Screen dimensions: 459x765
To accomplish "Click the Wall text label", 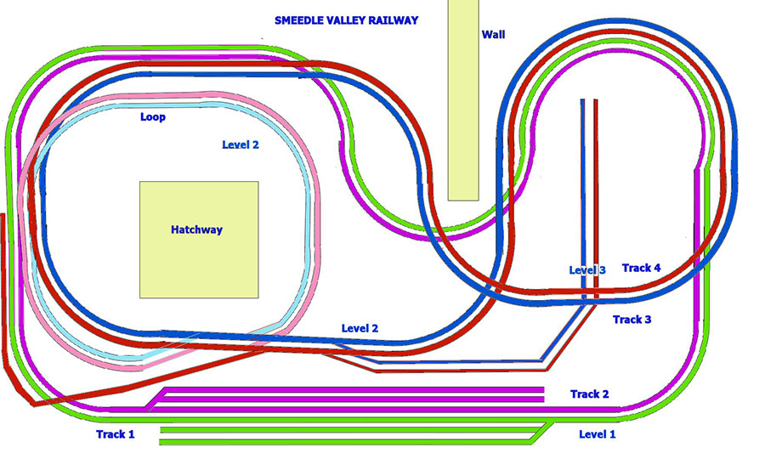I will coord(493,34).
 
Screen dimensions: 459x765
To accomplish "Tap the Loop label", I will coord(153,117).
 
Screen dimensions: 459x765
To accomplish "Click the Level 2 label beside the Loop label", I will coord(241,144).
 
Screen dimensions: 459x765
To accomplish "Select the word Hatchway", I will coord(196,229).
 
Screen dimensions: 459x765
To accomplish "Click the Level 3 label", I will coord(587,270).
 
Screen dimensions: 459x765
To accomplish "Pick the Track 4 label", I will coord(642,268).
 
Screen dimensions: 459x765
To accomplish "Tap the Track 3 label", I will coord(632,320).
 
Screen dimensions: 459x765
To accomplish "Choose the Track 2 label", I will coord(590,394).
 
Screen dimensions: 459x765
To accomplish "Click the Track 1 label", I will coord(116,434).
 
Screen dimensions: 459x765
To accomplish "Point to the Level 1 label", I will coord(598,434).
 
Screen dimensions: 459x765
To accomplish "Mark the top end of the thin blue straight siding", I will coord(582,100).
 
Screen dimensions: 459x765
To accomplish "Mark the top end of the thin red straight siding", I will coord(595,100).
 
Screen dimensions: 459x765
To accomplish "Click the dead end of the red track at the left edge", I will coord(3,216).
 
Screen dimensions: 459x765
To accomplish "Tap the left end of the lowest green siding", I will coord(161,441).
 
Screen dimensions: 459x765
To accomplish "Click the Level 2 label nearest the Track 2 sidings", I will coord(360,328).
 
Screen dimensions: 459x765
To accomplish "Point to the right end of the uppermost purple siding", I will coord(542,388).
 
